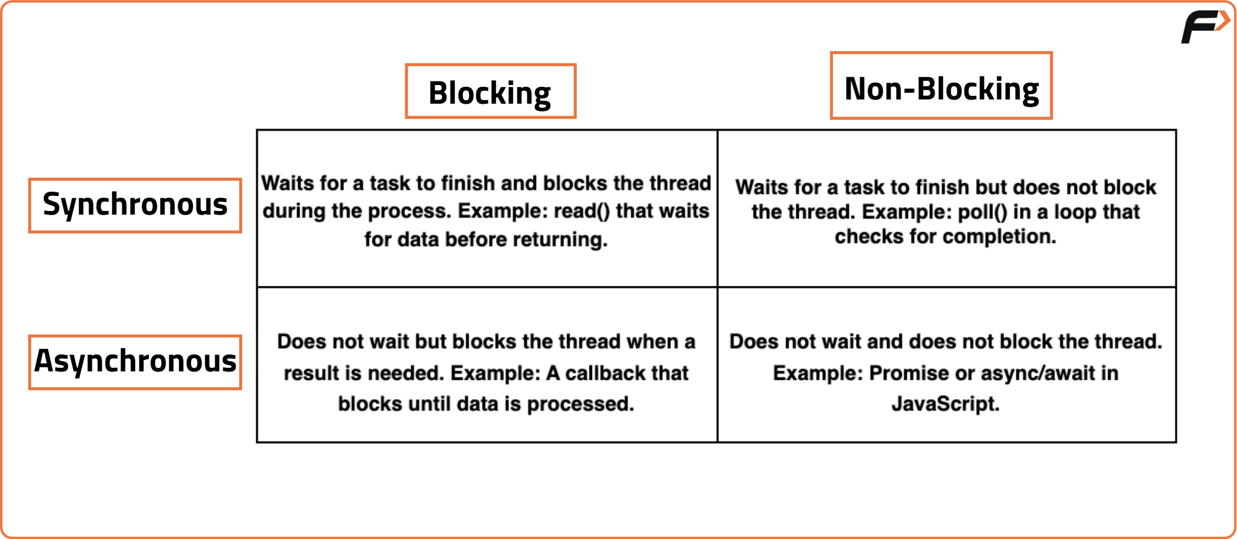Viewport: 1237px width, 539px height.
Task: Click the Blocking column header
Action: pyautogui.click(x=490, y=92)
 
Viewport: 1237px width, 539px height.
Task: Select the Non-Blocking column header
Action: pyautogui.click(x=941, y=86)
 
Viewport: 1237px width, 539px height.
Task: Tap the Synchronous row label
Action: pyautogui.click(x=135, y=206)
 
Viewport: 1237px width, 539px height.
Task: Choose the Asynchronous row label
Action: pyautogui.click(x=135, y=362)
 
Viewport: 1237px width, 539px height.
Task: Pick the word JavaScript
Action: pyautogui.click(x=945, y=403)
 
